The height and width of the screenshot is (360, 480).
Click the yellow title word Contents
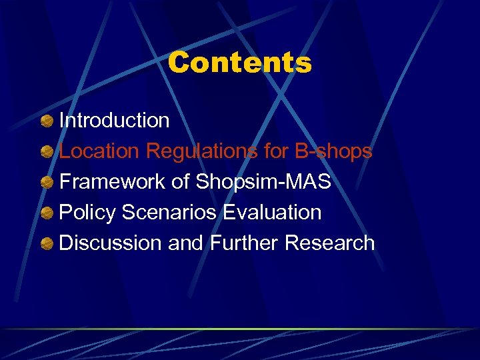pyautogui.click(x=239, y=63)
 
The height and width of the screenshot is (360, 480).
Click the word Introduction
pyautogui.click(x=115, y=121)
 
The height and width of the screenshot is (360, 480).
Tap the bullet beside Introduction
pyautogui.click(x=47, y=121)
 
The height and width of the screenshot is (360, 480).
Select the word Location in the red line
pyautogui.click(x=100, y=151)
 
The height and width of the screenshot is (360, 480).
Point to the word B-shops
pyautogui.click(x=333, y=151)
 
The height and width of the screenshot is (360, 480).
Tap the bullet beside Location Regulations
pyautogui.click(x=47, y=152)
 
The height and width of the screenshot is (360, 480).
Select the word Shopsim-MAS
pyautogui.click(x=263, y=182)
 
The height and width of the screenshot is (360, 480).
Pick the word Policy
pyautogui.click(x=85, y=213)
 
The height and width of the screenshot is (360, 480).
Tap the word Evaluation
pyautogui.click(x=272, y=213)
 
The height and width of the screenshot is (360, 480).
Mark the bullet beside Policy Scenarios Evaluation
pyautogui.click(x=47, y=213)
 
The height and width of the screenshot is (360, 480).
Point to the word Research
pyautogui.click(x=329, y=243)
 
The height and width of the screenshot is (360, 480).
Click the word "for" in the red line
pyautogui.click(x=276, y=151)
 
